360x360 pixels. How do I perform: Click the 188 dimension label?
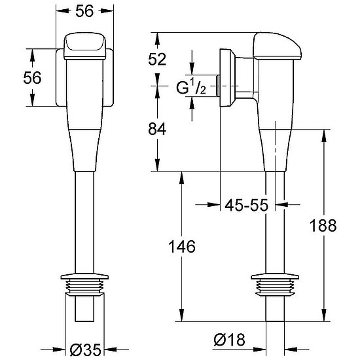tap(323, 225)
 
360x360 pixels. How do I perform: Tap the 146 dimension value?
tap(182, 247)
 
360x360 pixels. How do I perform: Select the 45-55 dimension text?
tap(246, 205)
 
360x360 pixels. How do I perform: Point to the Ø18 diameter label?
tap(229, 340)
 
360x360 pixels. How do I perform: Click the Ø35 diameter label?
tap(85, 350)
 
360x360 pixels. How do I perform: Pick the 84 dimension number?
tap(157, 129)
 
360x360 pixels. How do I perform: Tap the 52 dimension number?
tap(157, 59)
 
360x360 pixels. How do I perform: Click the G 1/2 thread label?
tap(191, 86)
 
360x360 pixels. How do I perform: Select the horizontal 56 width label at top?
tap(84, 10)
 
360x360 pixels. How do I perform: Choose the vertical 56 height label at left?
tap(32, 77)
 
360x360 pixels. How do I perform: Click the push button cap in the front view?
tap(84, 46)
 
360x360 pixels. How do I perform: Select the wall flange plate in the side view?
tap(227, 78)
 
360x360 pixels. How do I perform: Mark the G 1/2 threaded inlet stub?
tap(218, 86)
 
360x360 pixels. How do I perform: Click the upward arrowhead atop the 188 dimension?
tap(324, 135)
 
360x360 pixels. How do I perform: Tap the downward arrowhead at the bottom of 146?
tap(181, 315)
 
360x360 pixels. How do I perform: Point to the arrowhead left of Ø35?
tap(59, 350)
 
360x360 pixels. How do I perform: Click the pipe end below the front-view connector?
tap(84, 309)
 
